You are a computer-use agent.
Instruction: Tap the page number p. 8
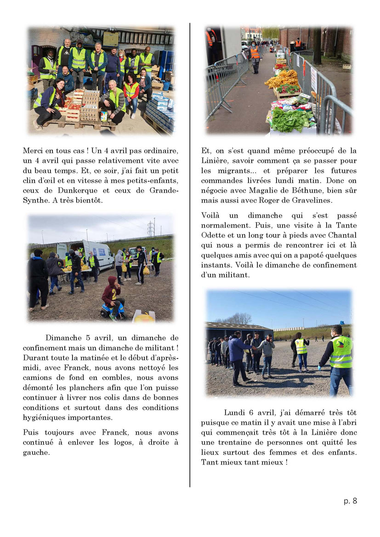(x=350, y=501)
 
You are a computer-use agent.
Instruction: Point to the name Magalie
(x=272, y=190)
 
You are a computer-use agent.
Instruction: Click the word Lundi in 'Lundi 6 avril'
(x=234, y=412)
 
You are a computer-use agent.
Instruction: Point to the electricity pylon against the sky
(x=150, y=228)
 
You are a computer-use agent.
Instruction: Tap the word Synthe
(x=37, y=201)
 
